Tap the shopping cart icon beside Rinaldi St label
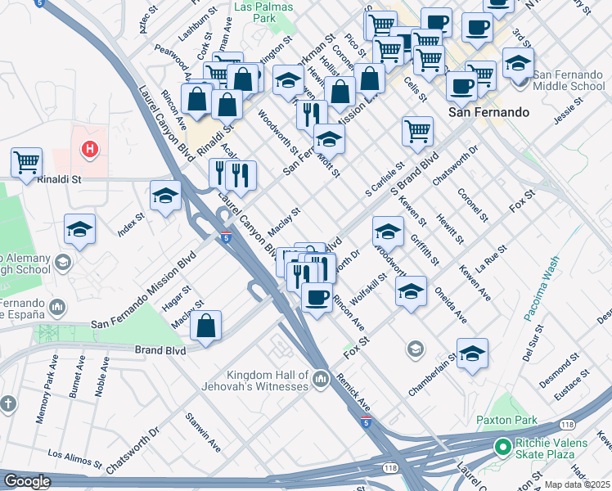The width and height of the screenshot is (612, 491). coord(27,161)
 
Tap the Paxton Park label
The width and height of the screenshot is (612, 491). coord(506,421)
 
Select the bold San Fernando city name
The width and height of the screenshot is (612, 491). coord(488,112)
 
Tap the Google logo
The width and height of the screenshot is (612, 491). coord(26,481)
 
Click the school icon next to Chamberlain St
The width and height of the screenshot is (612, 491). coord(472,353)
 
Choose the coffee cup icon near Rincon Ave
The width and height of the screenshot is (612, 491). coord(317,297)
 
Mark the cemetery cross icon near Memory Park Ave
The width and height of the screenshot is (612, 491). coord(7,403)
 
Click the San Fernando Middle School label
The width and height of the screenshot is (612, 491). coord(568,80)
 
